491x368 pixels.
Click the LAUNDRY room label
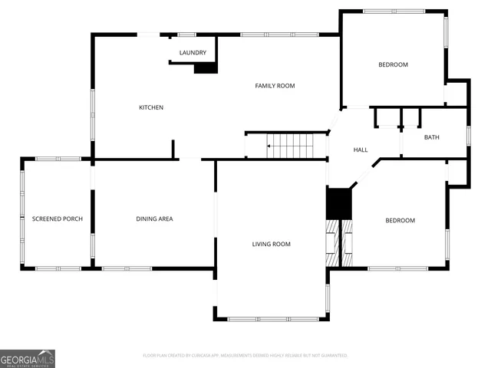(x=193, y=52)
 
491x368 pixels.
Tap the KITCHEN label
(x=150, y=107)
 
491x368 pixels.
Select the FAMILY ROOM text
(x=275, y=86)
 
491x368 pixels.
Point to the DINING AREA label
(x=154, y=219)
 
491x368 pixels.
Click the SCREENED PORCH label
(x=57, y=219)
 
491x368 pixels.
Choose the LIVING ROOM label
(x=272, y=244)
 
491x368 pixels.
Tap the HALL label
(x=361, y=149)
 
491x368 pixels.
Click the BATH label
(x=432, y=137)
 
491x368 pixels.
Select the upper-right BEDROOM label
(x=393, y=64)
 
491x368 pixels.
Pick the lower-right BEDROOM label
(x=400, y=221)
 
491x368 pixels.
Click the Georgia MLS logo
(x=28, y=358)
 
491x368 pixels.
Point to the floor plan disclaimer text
(x=245, y=356)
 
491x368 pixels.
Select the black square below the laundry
(x=206, y=68)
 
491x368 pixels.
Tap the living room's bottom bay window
(x=272, y=318)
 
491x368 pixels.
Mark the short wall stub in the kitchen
(x=174, y=149)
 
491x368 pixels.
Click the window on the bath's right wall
(x=467, y=135)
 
